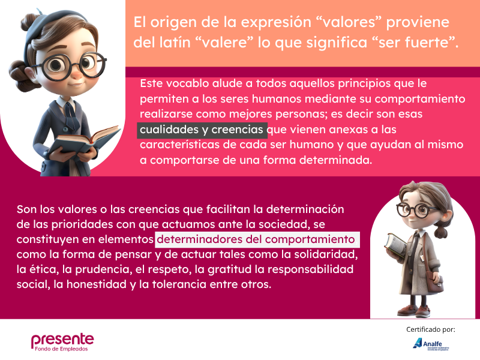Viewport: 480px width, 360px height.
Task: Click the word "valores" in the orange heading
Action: [x=349, y=22]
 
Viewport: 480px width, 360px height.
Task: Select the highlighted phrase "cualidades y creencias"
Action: [x=202, y=130]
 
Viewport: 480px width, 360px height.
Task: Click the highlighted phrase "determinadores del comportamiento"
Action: [x=256, y=239]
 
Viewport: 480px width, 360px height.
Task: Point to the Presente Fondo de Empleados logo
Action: [x=62, y=342]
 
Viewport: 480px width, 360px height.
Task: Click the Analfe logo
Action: [x=431, y=343]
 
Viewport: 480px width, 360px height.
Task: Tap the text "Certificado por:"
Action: [x=431, y=329]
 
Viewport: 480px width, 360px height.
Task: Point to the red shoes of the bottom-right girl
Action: [x=415, y=311]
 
